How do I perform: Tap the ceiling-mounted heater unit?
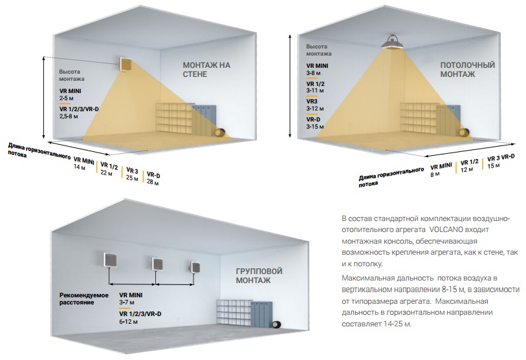point(393,42)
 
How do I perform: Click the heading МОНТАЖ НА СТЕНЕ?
point(206,69)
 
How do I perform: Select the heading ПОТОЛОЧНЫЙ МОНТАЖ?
point(467,69)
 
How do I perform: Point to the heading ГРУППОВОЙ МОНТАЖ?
point(259,275)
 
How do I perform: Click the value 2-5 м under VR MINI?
point(67,98)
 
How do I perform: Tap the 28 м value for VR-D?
point(153,183)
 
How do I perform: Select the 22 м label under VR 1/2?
point(106,173)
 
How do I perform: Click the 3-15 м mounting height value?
point(314,127)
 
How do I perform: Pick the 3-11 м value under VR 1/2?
point(314,90)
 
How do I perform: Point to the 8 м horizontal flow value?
point(435,174)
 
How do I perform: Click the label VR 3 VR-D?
point(501,158)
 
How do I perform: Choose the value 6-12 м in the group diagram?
point(128,322)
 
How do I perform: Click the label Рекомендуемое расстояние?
point(84,299)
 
